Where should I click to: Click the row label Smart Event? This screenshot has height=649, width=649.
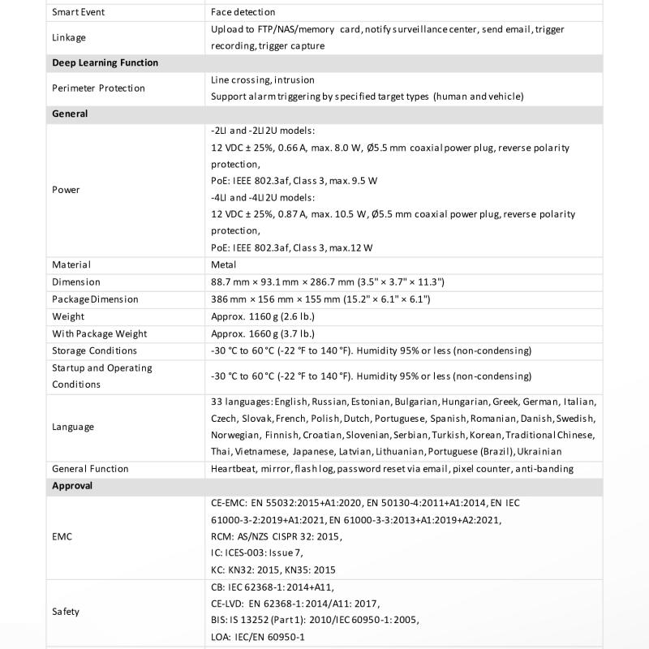pos(79,12)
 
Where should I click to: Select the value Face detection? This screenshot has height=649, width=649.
pos(243,12)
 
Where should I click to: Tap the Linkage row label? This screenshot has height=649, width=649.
pos(69,37)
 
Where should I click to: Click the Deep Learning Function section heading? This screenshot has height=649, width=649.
pos(105,62)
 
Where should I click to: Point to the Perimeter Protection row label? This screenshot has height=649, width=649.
pos(98,88)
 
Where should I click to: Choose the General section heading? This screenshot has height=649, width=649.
pos(70,114)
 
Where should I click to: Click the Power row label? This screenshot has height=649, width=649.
pos(66,190)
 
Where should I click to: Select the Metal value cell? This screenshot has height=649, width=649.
pos(224,264)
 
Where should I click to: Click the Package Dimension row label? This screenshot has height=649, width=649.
pos(95,299)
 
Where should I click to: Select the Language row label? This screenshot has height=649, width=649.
pos(73,427)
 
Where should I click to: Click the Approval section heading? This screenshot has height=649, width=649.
pos(72,486)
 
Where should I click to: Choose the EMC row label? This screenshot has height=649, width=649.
pos(62,536)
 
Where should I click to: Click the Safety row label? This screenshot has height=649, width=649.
pos(66,612)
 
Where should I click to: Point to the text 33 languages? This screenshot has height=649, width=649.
pos(240,402)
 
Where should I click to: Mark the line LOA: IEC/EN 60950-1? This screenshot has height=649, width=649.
pos(257,637)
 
